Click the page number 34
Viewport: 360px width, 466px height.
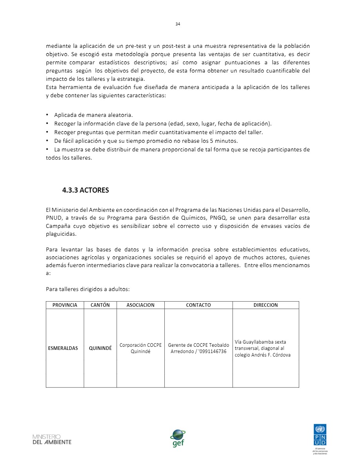tap(178, 24)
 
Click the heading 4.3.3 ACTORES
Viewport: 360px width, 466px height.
tap(85, 190)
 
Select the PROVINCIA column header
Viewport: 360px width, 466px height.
tap(65, 305)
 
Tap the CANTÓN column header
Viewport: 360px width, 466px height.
tap(100, 305)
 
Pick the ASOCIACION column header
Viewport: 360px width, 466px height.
tap(140, 305)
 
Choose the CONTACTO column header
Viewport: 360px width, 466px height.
tap(198, 305)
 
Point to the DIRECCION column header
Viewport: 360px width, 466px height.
tap(265, 305)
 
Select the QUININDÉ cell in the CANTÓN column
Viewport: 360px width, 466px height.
tap(100, 348)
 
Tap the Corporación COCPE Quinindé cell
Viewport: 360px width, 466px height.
tap(140, 348)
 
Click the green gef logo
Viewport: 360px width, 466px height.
tap(178, 438)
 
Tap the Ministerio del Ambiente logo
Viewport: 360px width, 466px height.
tap(52, 439)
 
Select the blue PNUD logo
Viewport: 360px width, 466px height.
tap(320, 435)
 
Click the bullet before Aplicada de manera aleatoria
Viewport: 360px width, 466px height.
tap(47, 115)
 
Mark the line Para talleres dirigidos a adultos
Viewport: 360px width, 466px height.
tap(87, 289)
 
